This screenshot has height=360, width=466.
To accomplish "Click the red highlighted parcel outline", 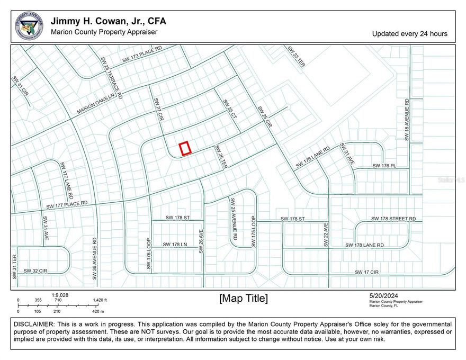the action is pos(185,149).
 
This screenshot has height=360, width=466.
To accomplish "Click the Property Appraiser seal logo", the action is pos(29,26).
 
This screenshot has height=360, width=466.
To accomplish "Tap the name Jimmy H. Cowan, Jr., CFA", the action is pos(108,21).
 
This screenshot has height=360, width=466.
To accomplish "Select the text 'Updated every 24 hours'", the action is pos(409,33).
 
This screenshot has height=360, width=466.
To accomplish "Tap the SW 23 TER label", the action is pos(296,57).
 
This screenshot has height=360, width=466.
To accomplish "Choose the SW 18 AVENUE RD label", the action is pos(407,119).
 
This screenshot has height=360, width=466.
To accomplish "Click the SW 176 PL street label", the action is pos(384,166).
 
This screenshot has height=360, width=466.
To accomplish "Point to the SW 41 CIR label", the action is pos(19,85).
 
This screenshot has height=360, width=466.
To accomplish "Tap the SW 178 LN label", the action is pos(175,245).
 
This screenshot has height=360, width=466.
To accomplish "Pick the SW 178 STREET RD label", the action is pos(393,219).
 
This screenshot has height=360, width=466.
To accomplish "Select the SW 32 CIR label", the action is pos(35,271).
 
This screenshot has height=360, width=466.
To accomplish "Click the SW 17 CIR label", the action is pos(367,272).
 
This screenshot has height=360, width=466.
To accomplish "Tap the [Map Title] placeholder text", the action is pos(244,299).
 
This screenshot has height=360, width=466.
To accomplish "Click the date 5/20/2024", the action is pos(384,296).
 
